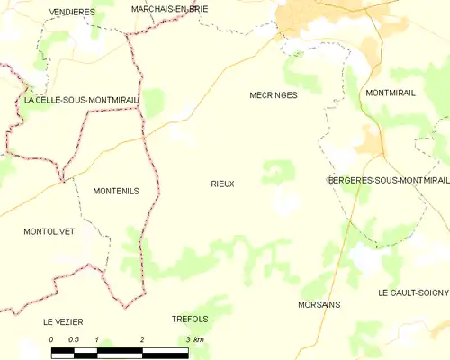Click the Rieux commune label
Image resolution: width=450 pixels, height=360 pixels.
(222, 184)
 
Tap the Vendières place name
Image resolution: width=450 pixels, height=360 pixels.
(73, 12)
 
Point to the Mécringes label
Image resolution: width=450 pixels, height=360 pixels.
(273, 94)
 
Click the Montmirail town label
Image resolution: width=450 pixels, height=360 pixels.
(391, 93)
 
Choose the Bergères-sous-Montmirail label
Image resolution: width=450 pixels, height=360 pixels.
(388, 180)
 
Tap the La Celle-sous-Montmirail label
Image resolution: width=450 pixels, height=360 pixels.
(81, 100)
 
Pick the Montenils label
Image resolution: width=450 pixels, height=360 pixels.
(116, 191)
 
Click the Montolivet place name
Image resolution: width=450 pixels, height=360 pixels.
(49, 231)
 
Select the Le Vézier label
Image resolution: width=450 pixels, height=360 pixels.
(62, 321)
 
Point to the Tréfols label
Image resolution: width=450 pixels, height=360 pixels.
(190, 319)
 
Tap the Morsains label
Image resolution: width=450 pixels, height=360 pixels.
(319, 304)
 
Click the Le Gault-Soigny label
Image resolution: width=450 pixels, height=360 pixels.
(412, 292)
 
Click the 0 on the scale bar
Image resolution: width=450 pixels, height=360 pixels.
(51, 339)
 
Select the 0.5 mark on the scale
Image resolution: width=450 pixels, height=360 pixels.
(74, 339)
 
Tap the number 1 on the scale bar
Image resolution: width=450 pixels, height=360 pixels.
(97, 339)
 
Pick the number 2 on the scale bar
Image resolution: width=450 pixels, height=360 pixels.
(142, 339)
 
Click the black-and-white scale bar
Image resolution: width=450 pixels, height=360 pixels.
(120, 352)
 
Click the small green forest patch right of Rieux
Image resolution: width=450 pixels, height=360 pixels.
(278, 171)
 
